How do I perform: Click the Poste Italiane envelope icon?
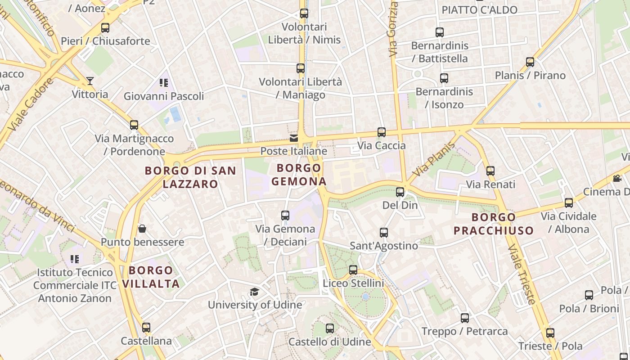293,138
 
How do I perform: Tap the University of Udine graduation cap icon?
254,292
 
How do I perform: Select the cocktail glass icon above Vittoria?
90,81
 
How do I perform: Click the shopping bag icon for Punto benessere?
142,229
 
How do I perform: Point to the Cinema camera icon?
617,179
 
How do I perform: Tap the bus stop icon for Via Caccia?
382,132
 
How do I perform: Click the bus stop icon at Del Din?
400,192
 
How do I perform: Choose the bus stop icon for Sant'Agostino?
384,233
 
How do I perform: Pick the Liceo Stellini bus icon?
353,270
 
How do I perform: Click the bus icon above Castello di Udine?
330,328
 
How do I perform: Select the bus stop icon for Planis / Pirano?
530,62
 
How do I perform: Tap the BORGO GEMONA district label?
299,175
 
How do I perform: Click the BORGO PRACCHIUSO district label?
494,224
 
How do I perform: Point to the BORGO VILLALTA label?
151,277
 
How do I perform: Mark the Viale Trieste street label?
522,274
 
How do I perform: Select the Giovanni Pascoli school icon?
163,83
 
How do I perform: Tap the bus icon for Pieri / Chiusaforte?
105,28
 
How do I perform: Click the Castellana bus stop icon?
146,328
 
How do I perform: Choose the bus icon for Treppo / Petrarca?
465,318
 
